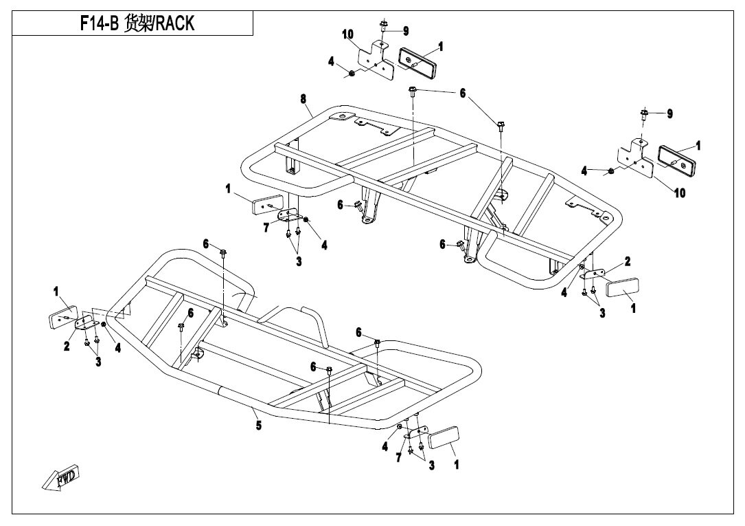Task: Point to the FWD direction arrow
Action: tap(60, 479)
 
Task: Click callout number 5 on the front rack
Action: tap(259, 426)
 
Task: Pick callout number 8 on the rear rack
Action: tap(303, 99)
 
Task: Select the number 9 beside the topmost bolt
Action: tap(405, 30)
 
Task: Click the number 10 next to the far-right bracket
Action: tap(679, 193)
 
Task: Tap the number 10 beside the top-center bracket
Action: tap(349, 35)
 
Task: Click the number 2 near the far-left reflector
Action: tap(67, 347)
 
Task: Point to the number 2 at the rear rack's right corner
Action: tap(627, 261)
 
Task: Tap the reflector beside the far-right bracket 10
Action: tap(678, 157)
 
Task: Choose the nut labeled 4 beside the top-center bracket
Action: tap(352, 72)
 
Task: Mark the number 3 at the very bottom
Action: tap(431, 466)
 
